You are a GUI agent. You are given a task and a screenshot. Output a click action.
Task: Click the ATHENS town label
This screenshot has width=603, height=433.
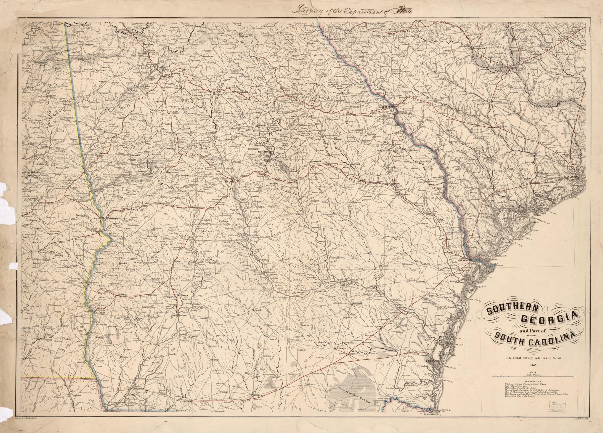pos(251,57)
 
